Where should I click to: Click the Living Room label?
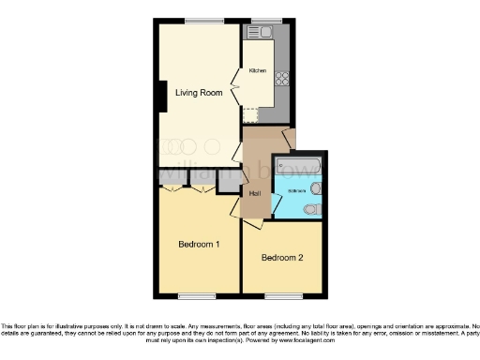194,92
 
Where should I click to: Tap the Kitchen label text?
258,71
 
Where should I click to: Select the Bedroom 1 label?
199,245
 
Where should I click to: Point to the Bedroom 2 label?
281,258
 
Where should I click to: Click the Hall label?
255,193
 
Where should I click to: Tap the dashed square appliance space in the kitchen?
251,114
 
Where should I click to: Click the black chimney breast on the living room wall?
163,96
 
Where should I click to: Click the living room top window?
198,21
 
